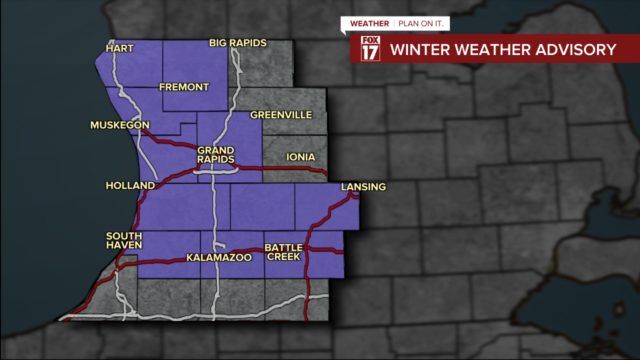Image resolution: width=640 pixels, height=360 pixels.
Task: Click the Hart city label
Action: click(120, 48)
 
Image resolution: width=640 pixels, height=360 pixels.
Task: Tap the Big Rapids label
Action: click(237, 43)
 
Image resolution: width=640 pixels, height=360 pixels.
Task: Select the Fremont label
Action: click(184, 87)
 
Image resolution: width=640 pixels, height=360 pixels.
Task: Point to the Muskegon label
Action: click(120, 125)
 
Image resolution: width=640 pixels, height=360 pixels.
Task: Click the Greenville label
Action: click(281, 115)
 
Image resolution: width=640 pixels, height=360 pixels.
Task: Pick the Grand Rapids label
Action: click(216, 155)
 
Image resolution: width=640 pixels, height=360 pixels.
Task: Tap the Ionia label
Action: click(301, 157)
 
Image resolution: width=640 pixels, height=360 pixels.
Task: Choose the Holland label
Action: click(130, 185)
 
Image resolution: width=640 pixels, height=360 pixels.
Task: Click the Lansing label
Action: click(363, 187)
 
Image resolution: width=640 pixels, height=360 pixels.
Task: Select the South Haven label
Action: click(124, 240)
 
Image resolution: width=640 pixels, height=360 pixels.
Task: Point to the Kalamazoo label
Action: click(219, 257)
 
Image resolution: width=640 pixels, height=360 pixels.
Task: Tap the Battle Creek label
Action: click(283, 252)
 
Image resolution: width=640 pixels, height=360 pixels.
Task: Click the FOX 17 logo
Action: click(370, 48)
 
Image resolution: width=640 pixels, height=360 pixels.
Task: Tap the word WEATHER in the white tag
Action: click(369, 23)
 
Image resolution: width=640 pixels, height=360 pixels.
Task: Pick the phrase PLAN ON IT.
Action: click(421, 23)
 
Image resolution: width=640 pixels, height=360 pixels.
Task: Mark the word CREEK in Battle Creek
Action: click(283, 256)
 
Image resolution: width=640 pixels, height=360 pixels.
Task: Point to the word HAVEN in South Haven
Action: click(124, 245)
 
